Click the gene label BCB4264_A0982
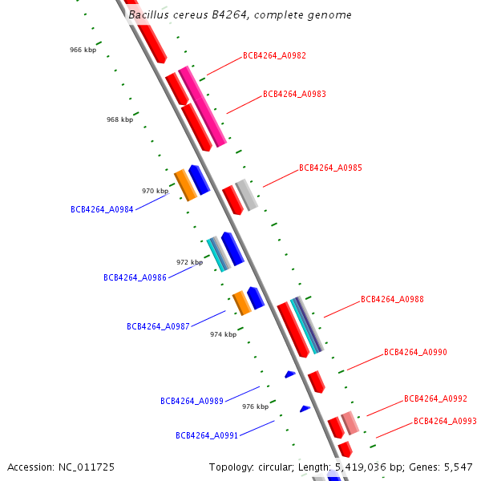(x=274, y=56)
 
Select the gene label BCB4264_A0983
(x=294, y=95)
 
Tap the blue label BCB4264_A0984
(x=102, y=210)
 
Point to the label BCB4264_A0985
(x=330, y=168)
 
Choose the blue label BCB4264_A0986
(x=135, y=278)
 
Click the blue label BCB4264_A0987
(x=158, y=327)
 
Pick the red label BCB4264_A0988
(x=392, y=300)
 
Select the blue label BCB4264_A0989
(x=192, y=401)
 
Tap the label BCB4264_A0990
(x=415, y=353)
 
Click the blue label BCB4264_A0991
(x=207, y=436)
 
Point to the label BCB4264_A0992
(x=435, y=399)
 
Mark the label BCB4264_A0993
(x=445, y=422)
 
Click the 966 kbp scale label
(x=83, y=50)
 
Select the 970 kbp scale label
(x=155, y=191)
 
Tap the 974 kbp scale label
(x=223, y=334)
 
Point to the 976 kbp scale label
(x=255, y=406)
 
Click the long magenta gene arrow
(x=202, y=106)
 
